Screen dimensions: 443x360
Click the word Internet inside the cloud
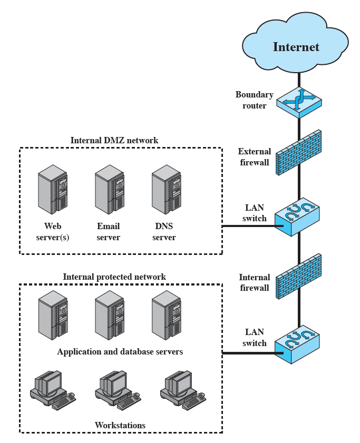tap(296, 47)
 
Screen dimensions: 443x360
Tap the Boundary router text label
tap(254, 100)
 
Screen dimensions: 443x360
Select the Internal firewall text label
tap(254, 282)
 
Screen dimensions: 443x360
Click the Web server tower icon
tap(53, 189)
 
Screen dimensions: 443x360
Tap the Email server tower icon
tap(109, 189)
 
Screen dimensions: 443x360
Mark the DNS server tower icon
tap(166, 189)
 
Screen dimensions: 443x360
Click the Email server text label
tap(109, 232)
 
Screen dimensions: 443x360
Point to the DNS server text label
tap(164, 232)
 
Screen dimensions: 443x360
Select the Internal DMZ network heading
tap(114, 140)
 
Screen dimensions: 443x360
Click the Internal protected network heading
tap(114, 277)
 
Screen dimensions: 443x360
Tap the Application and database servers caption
tap(120, 351)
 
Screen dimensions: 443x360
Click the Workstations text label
tap(120, 425)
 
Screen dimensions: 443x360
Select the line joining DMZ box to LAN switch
tap(248, 226)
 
